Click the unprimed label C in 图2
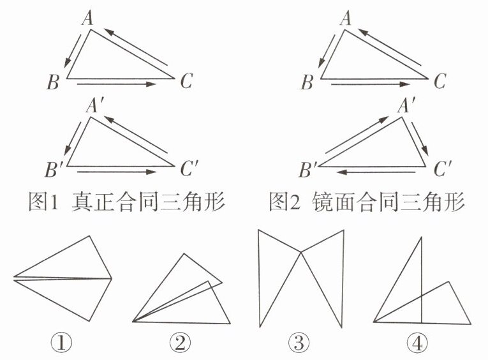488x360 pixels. [x=440, y=81]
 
